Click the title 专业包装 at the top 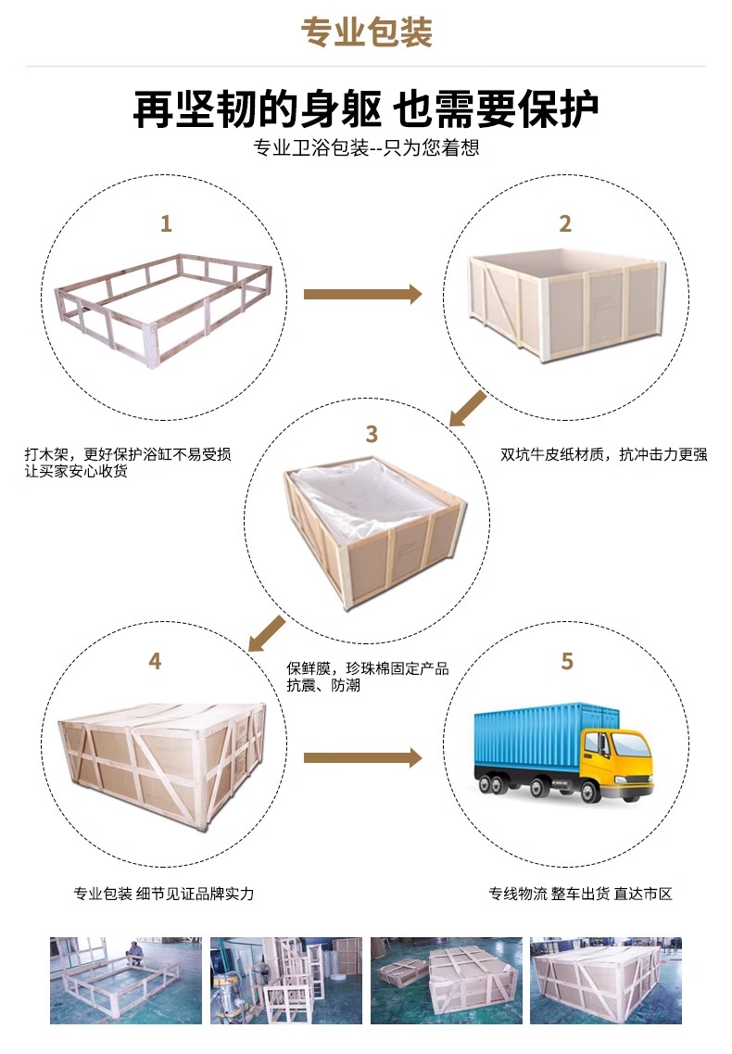366,32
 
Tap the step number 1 166,223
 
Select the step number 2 565,223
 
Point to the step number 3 372,434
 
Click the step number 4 156,662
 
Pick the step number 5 567,662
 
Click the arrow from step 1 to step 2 363,294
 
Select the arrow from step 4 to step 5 363,758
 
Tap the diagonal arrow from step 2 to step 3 468,409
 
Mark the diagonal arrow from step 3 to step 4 267,634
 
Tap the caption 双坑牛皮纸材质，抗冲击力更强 603,455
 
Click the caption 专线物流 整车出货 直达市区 580,894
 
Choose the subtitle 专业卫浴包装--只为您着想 366,148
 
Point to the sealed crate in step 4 163,764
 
